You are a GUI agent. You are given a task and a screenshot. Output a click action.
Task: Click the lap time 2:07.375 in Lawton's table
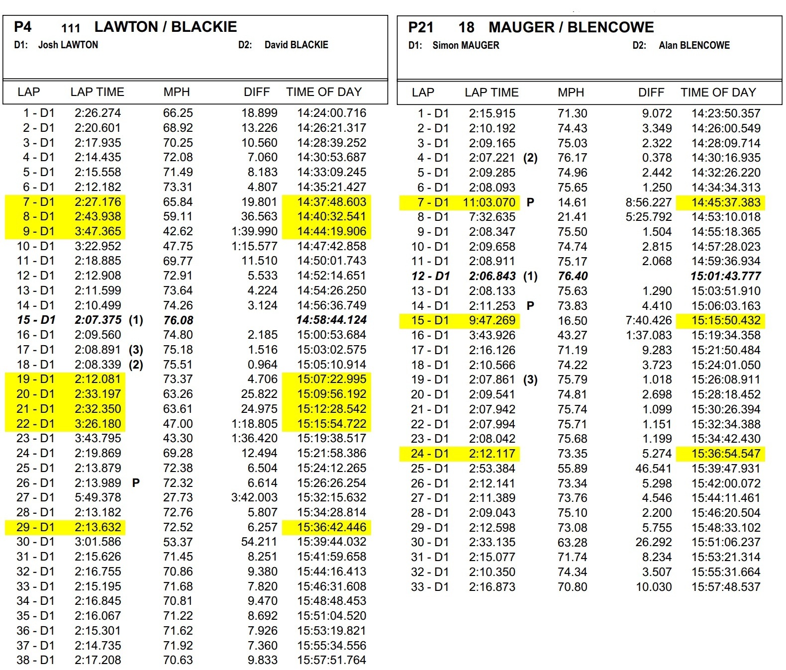pos(98,320)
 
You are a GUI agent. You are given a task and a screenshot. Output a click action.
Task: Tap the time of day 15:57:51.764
pos(331,660)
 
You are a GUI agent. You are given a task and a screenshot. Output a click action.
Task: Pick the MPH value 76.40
pos(573,276)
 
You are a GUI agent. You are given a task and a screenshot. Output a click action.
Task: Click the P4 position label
pos(23,27)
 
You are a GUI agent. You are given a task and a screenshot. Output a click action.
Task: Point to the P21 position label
pos(420,27)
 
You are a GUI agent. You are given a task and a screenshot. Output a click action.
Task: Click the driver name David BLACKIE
pos(296,45)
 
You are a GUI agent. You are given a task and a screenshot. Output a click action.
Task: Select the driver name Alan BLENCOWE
pos(694,45)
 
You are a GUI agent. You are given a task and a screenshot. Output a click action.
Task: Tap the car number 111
pos(71,28)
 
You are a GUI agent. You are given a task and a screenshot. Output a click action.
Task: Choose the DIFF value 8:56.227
pos(648,202)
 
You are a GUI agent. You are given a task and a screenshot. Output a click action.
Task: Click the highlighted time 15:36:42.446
pos(331,527)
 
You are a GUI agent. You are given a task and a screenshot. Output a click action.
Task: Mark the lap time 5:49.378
pos(98,497)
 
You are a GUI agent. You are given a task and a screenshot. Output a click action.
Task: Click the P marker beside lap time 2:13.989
pos(136,482)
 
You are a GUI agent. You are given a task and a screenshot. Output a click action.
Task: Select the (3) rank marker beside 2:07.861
pos(530,380)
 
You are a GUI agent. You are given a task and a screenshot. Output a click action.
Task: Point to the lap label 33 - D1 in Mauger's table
pos(429,587)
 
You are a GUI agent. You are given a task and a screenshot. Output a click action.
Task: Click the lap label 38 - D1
pos(35,660)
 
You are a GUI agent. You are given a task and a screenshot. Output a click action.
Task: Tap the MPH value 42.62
pos(178,231)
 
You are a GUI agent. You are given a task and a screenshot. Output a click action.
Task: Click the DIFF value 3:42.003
pos(254,497)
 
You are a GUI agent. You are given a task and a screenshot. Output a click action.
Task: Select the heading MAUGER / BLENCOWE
pos(571,27)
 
